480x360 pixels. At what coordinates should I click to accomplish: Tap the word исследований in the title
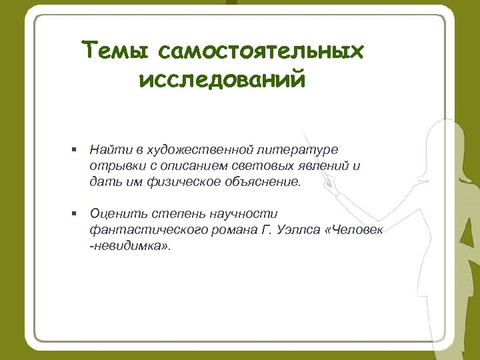pos(223,81)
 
